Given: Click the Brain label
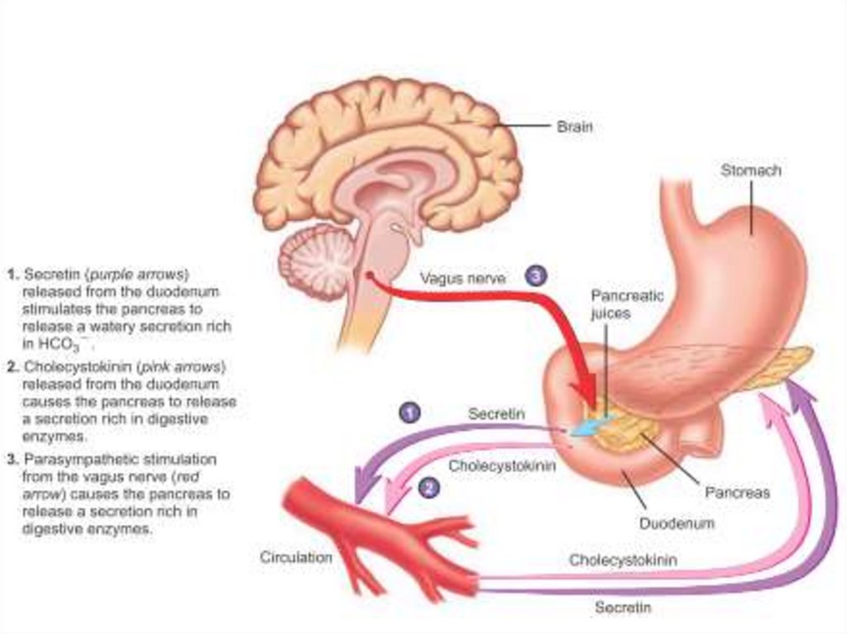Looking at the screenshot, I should tap(574, 127).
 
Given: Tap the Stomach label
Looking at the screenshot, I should tap(750, 170).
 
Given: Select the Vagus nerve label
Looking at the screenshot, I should tap(462, 279).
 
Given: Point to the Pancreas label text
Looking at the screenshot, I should tap(737, 493).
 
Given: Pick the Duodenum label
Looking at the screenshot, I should tap(676, 523).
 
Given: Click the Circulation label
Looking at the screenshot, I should tap(296, 557).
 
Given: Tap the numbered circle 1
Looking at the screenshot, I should tap(409, 412).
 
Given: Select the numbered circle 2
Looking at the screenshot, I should tap(428, 487).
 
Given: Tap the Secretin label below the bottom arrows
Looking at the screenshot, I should tap(623, 608).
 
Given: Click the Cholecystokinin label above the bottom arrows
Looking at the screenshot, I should tap(623, 560).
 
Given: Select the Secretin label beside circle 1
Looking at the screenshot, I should tap(496, 414).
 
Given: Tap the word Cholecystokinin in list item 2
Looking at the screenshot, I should tap(77, 366).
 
